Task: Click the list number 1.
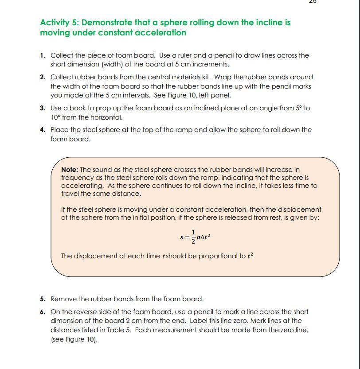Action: (42, 55)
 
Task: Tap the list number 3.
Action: (42, 108)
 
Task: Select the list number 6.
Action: (42, 312)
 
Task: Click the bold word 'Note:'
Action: (70, 170)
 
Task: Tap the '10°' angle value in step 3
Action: (56, 117)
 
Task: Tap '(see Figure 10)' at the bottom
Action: (74, 339)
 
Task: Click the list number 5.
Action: (42, 299)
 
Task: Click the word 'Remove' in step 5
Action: (62, 299)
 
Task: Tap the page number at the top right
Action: (312, 1)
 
